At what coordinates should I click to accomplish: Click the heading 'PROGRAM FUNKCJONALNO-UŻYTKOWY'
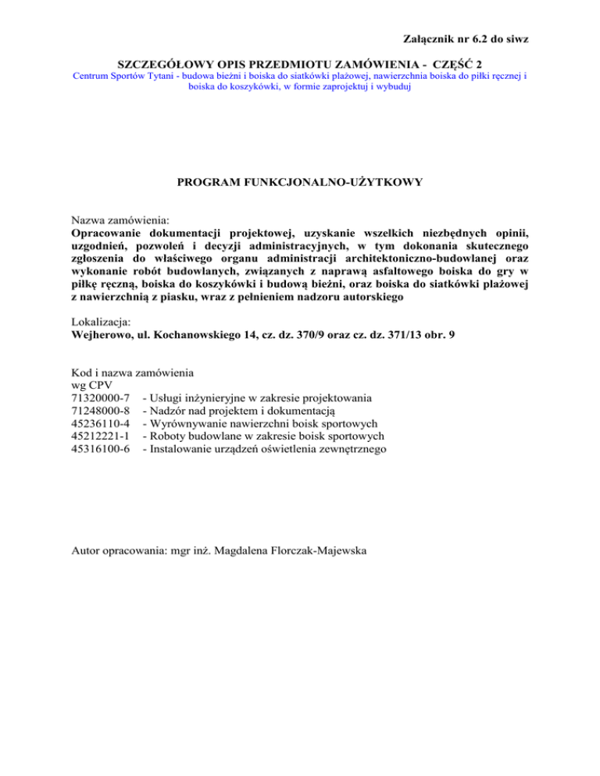point(299,183)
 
